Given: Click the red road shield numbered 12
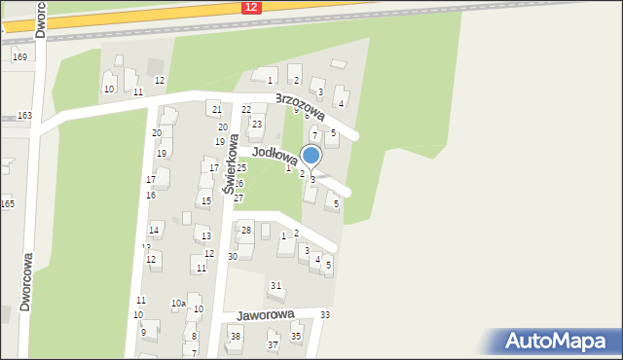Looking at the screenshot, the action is click(x=251, y=7).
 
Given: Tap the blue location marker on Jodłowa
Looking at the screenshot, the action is click(x=311, y=156).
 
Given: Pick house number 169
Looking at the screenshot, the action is click(x=19, y=57).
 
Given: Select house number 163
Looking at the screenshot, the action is click(x=24, y=116).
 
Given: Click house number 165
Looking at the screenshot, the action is click(x=7, y=203).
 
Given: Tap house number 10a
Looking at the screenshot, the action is click(x=178, y=304).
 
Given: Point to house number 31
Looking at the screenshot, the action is click(x=276, y=285).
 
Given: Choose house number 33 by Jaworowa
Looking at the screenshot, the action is click(x=325, y=315).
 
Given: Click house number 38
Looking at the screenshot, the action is click(x=235, y=337).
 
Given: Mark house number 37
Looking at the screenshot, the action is click(x=273, y=344).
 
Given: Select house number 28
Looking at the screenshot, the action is click(x=246, y=230).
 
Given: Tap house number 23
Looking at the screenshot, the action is click(x=257, y=124).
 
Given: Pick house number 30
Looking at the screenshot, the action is click(x=233, y=256).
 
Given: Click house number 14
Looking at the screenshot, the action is click(x=154, y=230).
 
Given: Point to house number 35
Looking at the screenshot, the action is click(x=296, y=337).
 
